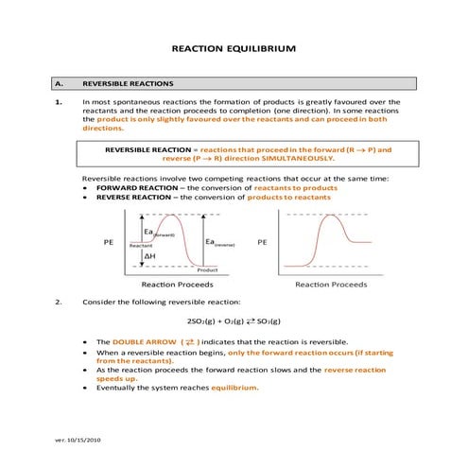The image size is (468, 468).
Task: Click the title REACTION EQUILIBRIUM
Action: (x=233, y=46)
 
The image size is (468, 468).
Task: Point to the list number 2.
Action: (x=58, y=302)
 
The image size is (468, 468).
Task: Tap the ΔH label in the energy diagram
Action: (x=150, y=256)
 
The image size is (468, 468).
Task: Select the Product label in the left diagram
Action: (x=206, y=269)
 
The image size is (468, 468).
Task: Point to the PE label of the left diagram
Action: (x=109, y=242)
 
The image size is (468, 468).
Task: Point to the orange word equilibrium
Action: (x=234, y=387)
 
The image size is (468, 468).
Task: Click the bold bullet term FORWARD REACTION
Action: (x=132, y=188)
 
